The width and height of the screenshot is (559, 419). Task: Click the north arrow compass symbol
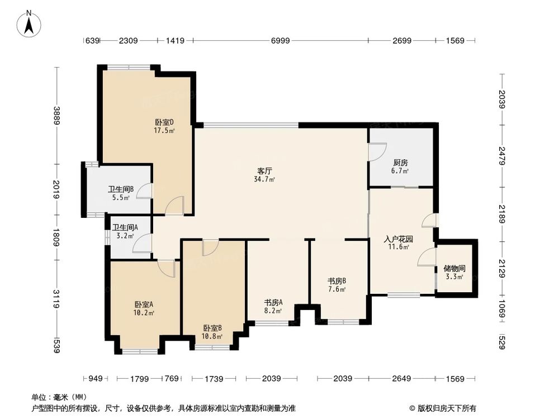pyautogui.click(x=29, y=24)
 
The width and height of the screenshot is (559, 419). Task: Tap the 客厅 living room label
pyautogui.click(x=264, y=171)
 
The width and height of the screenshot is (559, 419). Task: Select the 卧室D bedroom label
pyautogui.click(x=164, y=122)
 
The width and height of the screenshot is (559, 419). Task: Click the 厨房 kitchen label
pyautogui.click(x=400, y=163)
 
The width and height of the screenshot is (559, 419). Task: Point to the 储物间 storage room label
pyautogui.click(x=454, y=268)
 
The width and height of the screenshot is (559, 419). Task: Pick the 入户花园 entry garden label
pyautogui.click(x=398, y=239)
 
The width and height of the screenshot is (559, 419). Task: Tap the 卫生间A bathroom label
pyautogui.click(x=125, y=227)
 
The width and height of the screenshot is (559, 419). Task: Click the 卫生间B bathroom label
pyautogui.click(x=121, y=189)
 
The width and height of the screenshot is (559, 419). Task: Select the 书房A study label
pyautogui.click(x=273, y=302)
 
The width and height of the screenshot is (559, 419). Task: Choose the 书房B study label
pyautogui.click(x=337, y=281)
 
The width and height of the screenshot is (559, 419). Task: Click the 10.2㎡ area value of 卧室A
pyautogui.click(x=144, y=313)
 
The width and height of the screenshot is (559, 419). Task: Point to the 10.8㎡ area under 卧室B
pyautogui.click(x=212, y=336)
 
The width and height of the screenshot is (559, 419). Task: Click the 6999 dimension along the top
pyautogui.click(x=280, y=41)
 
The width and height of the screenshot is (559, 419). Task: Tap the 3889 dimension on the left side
pyautogui.click(x=56, y=116)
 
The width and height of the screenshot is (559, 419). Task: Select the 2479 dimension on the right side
pyautogui.click(x=502, y=156)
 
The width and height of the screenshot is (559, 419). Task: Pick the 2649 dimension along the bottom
pyautogui.click(x=401, y=378)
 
